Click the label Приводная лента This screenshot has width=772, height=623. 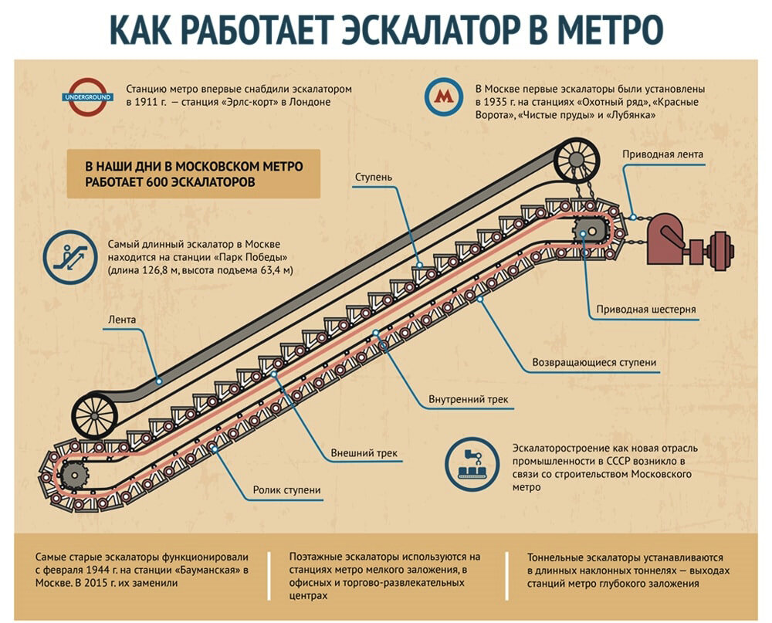[x=662, y=154]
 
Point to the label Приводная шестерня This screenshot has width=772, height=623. [x=646, y=310]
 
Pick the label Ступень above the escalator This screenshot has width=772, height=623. [x=374, y=177]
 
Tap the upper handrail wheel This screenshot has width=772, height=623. [x=576, y=160]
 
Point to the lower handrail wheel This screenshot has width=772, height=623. [x=93, y=416]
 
